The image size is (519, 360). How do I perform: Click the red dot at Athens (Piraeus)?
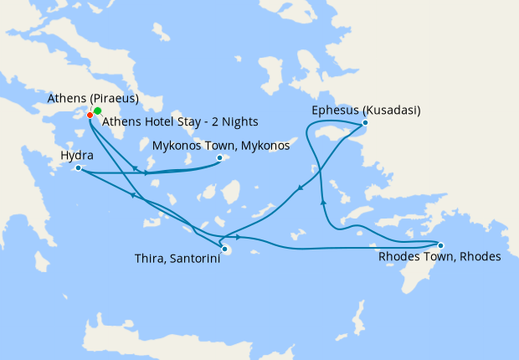(x=90, y=115)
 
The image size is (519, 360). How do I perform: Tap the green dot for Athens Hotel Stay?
(x=97, y=111)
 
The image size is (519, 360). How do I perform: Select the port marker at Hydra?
(x=78, y=168)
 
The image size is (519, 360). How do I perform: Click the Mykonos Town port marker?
(x=219, y=157)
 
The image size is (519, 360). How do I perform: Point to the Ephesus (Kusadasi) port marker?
(x=365, y=124)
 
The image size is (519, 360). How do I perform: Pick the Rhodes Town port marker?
(x=440, y=245)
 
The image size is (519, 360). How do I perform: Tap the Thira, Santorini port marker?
(x=224, y=248)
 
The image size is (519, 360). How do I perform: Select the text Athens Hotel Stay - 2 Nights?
(x=180, y=121)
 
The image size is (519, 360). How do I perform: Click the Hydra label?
(x=77, y=156)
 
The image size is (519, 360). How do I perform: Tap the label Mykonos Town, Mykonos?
(x=220, y=146)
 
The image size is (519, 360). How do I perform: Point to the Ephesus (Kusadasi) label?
(x=366, y=111)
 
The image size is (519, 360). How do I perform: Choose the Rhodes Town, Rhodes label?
(x=439, y=257)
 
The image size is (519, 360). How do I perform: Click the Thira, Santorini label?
(x=177, y=260)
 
